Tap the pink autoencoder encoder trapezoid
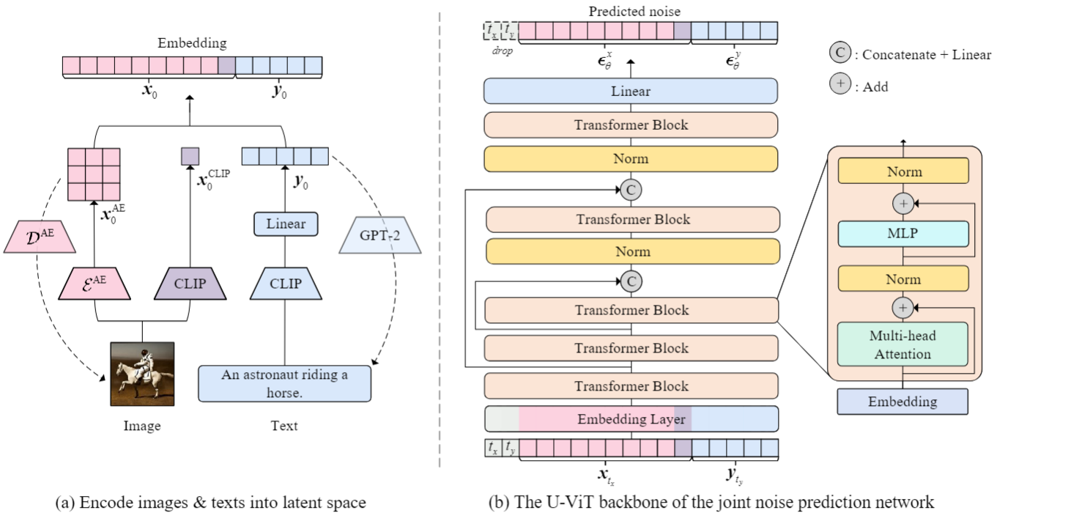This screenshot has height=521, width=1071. click(x=94, y=283)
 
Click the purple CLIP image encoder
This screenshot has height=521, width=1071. click(x=190, y=283)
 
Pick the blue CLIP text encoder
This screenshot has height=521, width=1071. click(x=285, y=283)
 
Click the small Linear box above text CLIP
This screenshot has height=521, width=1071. click(x=285, y=223)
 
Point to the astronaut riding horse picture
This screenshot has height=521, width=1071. click(x=142, y=373)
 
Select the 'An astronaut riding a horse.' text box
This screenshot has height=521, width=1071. click(x=284, y=383)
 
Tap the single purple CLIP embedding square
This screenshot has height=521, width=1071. click(x=190, y=155)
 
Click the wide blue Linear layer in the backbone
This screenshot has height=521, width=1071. click(x=631, y=91)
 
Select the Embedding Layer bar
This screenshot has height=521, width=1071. click(x=631, y=419)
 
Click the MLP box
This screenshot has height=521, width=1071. click(x=903, y=234)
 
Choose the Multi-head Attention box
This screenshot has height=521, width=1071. click(x=903, y=344)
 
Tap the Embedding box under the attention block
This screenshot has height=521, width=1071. click(x=903, y=402)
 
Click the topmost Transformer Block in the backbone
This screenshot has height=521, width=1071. click(x=631, y=125)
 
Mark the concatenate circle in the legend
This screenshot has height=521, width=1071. click(x=840, y=53)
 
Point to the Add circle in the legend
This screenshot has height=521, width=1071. click(x=840, y=85)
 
